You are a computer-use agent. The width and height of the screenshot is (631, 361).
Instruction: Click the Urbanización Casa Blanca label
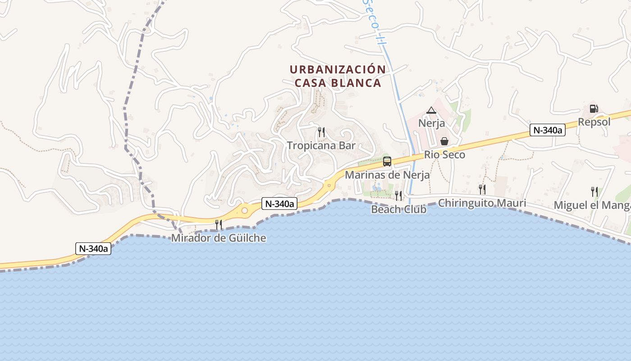(x=338, y=76)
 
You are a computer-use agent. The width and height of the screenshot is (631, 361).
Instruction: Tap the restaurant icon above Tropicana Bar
(x=321, y=132)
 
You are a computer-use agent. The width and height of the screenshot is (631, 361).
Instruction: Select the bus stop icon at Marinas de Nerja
(x=387, y=162)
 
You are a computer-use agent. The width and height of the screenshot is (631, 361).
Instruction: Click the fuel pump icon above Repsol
(x=594, y=109)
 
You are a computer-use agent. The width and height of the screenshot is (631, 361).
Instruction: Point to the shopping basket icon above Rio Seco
(x=444, y=141)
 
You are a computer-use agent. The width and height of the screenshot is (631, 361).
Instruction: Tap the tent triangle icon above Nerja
(x=431, y=110)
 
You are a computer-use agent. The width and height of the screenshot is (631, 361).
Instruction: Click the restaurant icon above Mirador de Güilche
(x=219, y=224)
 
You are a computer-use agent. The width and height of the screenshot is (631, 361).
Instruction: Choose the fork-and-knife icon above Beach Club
(x=398, y=195)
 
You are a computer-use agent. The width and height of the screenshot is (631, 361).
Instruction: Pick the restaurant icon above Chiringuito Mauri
(x=482, y=189)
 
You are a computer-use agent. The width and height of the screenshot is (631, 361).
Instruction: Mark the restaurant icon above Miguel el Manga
(x=594, y=191)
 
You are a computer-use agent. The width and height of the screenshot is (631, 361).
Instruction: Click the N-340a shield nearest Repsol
(x=547, y=130)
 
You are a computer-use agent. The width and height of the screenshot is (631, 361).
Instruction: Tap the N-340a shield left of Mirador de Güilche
(x=93, y=248)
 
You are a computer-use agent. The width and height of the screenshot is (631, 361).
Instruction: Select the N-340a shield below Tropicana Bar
(x=279, y=204)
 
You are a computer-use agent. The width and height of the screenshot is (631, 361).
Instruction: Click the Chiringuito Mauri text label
(x=482, y=203)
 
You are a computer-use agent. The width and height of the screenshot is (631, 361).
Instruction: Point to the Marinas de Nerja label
(x=387, y=175)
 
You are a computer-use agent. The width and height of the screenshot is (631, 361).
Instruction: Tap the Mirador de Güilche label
(x=219, y=238)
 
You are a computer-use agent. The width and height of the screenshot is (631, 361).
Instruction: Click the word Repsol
(x=594, y=122)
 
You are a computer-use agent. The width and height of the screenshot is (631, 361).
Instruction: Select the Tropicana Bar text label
(x=321, y=145)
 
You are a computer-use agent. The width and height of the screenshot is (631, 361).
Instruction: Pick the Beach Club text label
(x=398, y=209)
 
